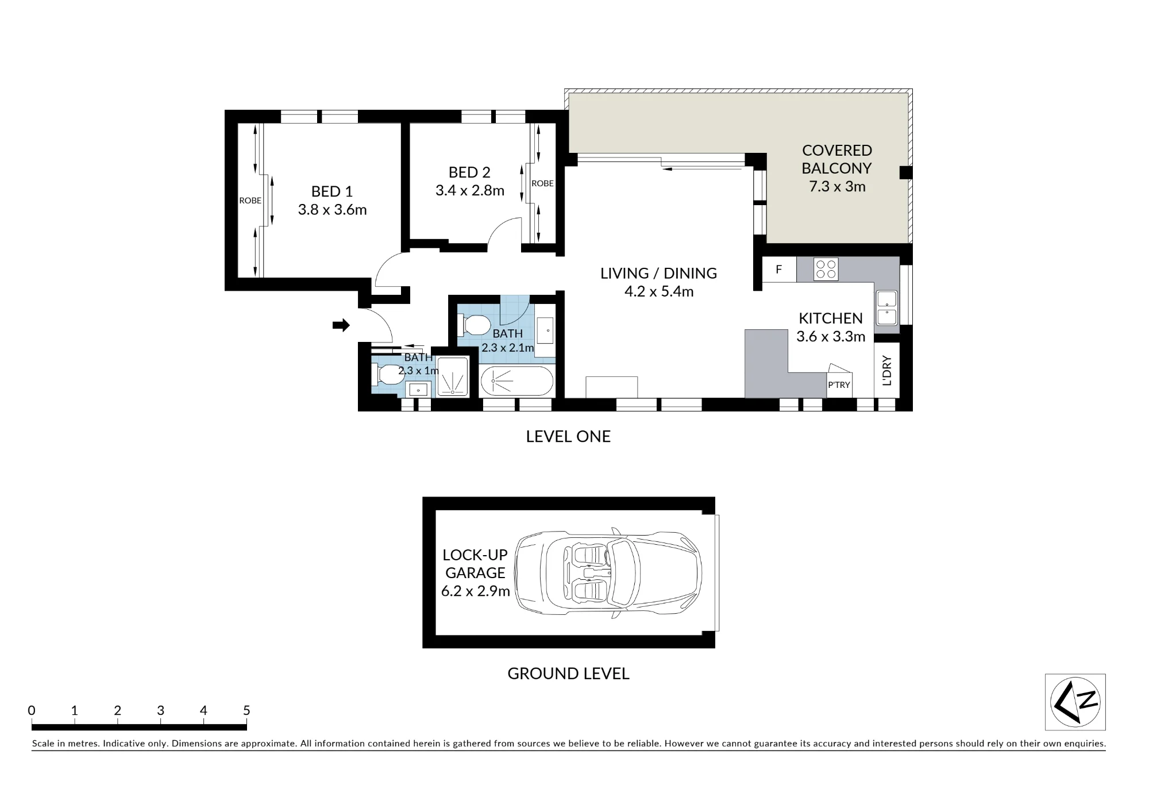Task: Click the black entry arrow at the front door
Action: (341, 325)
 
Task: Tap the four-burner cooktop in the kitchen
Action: (826, 269)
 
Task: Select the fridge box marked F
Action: (779, 269)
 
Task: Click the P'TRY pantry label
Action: (839, 385)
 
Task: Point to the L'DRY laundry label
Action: (886, 371)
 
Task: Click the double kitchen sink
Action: (886, 309)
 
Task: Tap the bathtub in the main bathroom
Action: (516, 381)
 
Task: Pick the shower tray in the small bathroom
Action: (453, 376)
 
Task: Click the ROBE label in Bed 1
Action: (250, 201)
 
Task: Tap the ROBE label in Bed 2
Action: (542, 183)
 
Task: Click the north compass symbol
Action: (1075, 702)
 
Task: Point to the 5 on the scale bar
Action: (246, 710)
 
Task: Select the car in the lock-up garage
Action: (608, 573)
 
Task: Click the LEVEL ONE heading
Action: (568, 436)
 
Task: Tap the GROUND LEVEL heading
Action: (568, 674)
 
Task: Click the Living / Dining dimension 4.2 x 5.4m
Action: (659, 291)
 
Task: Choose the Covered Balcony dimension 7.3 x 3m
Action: (837, 186)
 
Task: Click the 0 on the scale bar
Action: (32, 710)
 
